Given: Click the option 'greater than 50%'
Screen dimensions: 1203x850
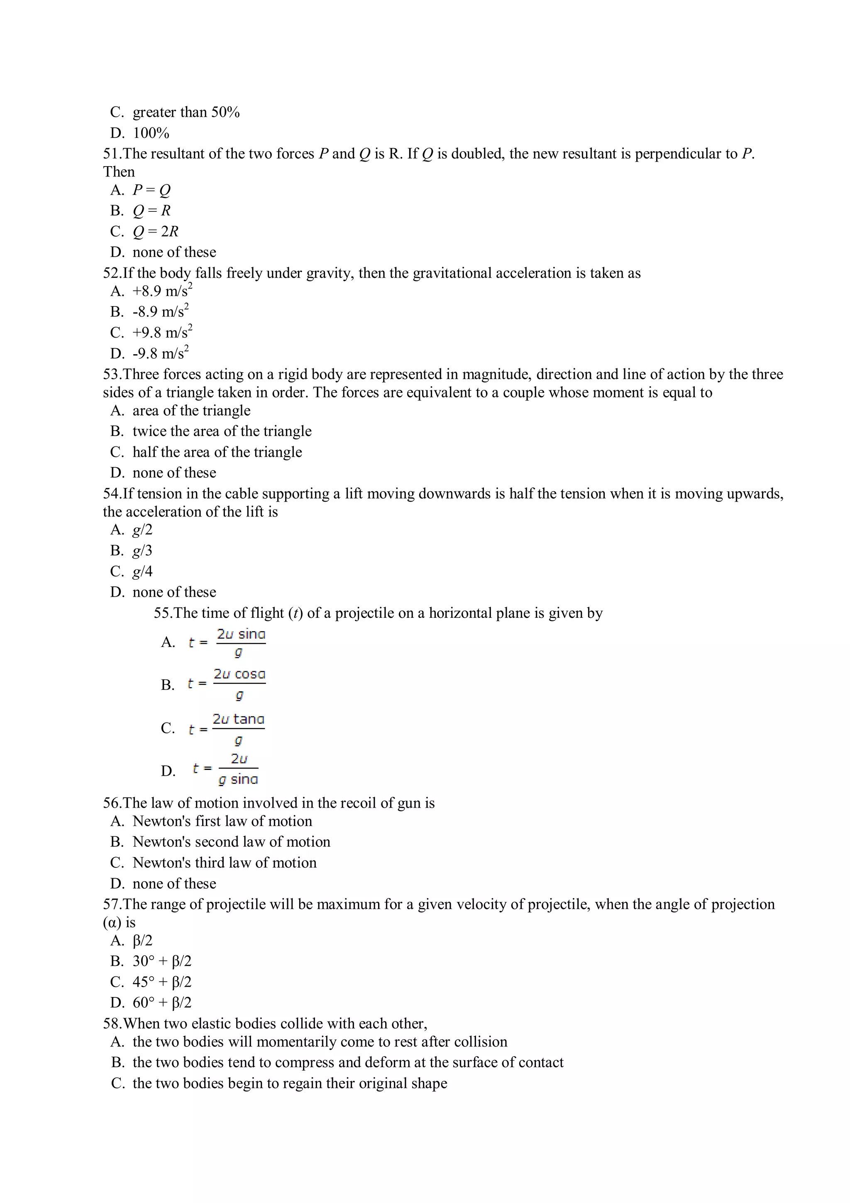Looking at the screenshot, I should (x=186, y=112).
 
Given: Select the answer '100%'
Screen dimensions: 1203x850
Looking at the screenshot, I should (x=151, y=133).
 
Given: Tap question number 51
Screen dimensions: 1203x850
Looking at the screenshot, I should (x=112, y=154).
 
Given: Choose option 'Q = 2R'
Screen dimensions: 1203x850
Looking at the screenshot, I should (x=155, y=231).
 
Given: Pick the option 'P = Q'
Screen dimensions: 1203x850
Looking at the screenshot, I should (x=151, y=190).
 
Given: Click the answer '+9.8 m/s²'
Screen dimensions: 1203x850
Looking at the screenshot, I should (x=162, y=332).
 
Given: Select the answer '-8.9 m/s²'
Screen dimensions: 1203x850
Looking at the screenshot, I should (x=160, y=312).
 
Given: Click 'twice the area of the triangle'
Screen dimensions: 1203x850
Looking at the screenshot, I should (x=222, y=431).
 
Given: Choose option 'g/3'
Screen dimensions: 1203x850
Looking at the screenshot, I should (x=142, y=550).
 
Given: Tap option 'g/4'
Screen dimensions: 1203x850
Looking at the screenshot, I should (x=142, y=571).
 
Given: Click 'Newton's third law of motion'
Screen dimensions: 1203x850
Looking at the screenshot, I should (x=224, y=862).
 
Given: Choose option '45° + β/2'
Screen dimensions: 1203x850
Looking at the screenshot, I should (x=162, y=982).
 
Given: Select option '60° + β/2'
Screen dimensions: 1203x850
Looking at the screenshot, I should (x=162, y=1003).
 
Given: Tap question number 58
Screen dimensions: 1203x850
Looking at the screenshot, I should (x=112, y=1024).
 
